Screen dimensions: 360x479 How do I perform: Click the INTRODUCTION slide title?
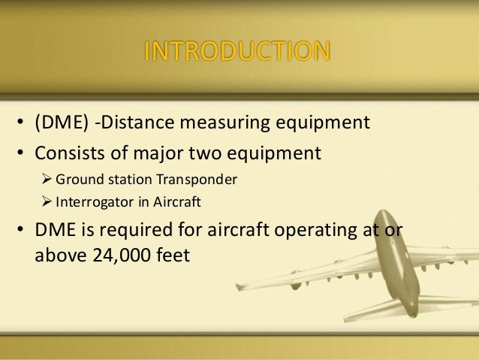point(236,52)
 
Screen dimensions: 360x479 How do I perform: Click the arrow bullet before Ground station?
point(46,180)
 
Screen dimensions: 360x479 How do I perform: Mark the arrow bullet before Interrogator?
point(46,203)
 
